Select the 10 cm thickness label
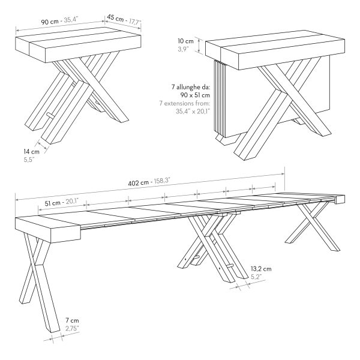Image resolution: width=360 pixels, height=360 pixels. point(185,41)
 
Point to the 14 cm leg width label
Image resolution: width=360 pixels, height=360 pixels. point(31,152)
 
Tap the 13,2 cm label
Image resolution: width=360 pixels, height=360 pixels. point(261,269)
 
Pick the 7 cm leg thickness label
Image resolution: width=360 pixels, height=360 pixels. point(72,320)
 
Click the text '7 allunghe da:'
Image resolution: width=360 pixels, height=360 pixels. point(191,87)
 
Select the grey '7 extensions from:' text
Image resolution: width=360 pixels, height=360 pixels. point(185,103)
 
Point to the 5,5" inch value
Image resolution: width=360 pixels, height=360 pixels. point(29,160)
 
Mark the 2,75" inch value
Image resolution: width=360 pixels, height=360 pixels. point(72,329)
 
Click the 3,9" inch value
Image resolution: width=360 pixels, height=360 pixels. point(183,49)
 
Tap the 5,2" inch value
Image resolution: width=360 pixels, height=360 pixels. point(256,277)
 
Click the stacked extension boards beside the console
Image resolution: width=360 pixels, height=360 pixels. point(219,99)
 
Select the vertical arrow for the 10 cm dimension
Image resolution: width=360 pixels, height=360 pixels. point(199,46)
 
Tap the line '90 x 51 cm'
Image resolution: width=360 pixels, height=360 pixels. point(195,95)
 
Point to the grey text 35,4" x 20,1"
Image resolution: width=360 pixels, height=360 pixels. point(193,112)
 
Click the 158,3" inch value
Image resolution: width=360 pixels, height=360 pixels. point(161,181)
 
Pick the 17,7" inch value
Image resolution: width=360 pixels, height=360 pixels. point(135,22)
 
